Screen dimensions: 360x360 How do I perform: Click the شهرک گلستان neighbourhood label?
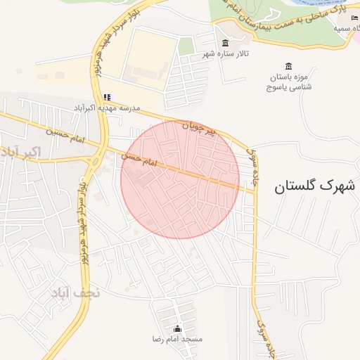tap(310, 186)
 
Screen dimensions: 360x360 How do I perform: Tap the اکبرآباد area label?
tap(22, 151)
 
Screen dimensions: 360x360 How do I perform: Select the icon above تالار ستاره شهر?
tap(225, 43)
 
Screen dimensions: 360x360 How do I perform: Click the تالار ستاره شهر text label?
tap(227, 53)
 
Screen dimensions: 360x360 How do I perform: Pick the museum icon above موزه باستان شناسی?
tap(290, 65)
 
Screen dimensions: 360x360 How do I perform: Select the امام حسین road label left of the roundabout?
tap(65, 136)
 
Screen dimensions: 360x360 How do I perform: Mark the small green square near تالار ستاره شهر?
tap(186, 46)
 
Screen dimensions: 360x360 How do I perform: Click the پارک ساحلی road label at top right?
tap(288, 20)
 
